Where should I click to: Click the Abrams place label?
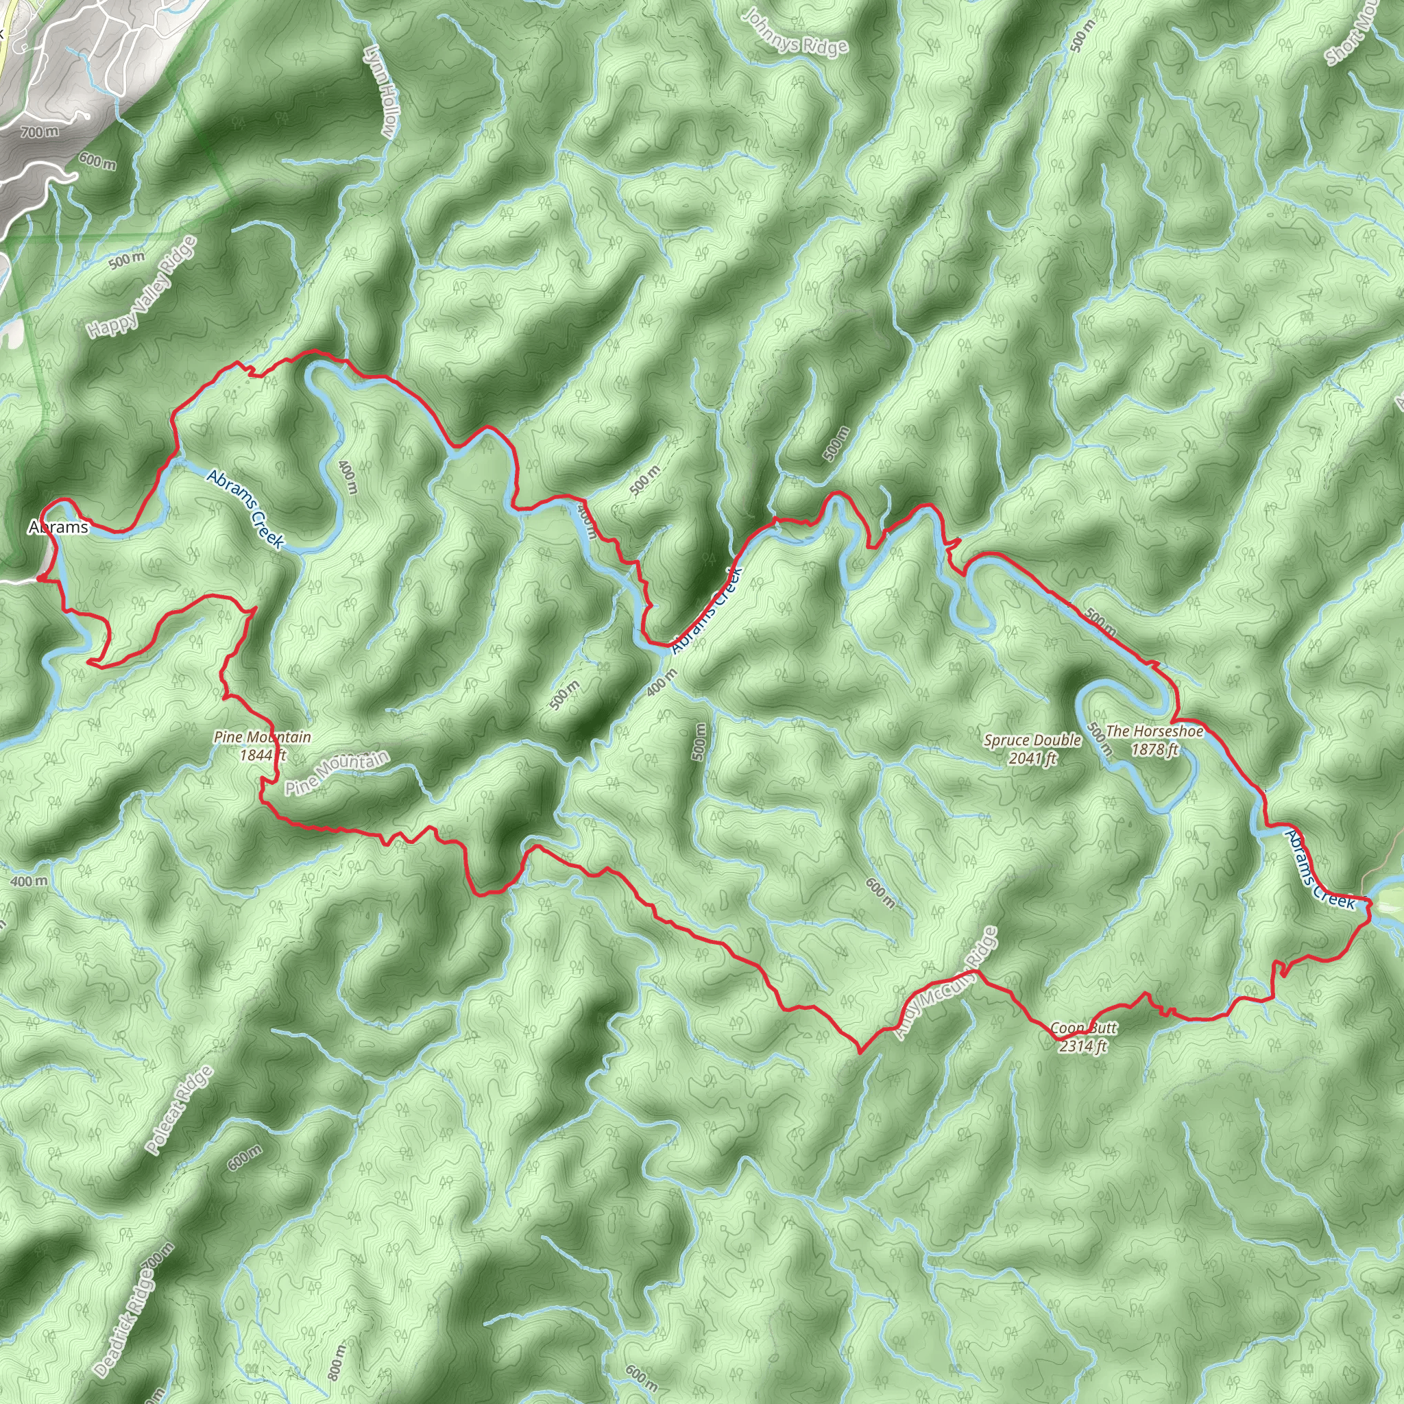(58, 527)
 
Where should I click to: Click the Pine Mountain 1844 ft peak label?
(263, 746)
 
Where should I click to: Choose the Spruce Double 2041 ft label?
(1032, 749)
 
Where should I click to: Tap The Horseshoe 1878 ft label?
(1154, 740)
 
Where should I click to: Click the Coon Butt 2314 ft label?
(1082, 1037)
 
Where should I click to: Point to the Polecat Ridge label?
(179, 1111)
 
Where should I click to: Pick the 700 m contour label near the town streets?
(40, 132)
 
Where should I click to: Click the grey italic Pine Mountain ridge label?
(337, 773)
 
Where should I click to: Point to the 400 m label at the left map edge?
(29, 882)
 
